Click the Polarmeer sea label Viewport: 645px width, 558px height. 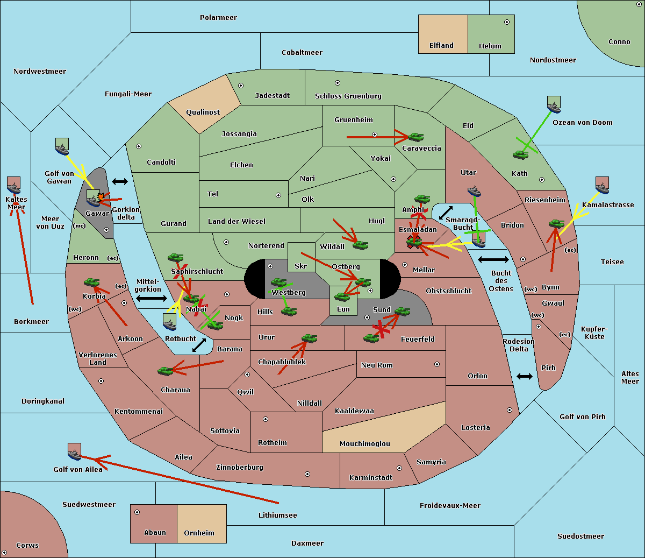pos(218,18)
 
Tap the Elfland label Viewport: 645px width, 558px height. pos(441,46)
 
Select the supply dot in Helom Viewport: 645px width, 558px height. pos(506,22)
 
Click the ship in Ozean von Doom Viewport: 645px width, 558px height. pos(554,104)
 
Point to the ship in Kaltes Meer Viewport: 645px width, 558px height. pos(13,186)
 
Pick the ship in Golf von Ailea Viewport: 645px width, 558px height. pos(74,452)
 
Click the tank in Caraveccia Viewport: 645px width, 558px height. pos(415,137)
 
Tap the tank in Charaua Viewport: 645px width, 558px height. pos(166,371)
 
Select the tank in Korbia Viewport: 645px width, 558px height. pos(92,282)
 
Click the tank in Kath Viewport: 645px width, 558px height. pos(520,155)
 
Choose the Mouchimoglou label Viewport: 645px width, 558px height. pos(364,444)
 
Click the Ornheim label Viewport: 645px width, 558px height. pos(199,533)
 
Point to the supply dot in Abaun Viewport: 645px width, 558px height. pos(137,512)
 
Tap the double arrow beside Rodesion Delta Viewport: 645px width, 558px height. pos(525,376)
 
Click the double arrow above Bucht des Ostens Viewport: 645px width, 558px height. pos(493,260)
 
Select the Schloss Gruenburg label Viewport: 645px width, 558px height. pos(348,96)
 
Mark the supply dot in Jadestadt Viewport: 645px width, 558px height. pos(241,86)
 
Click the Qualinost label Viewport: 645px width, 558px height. pos(203,112)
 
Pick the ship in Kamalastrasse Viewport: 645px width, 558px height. pos(602,185)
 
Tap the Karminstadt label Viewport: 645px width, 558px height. pos(371,478)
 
